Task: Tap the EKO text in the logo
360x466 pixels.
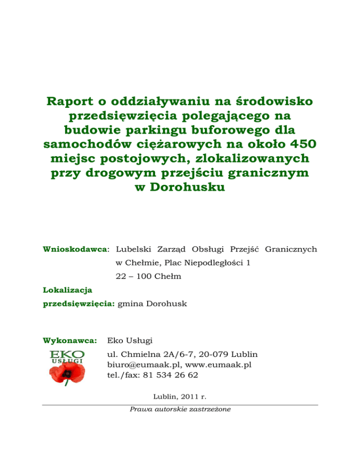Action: [67, 354]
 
